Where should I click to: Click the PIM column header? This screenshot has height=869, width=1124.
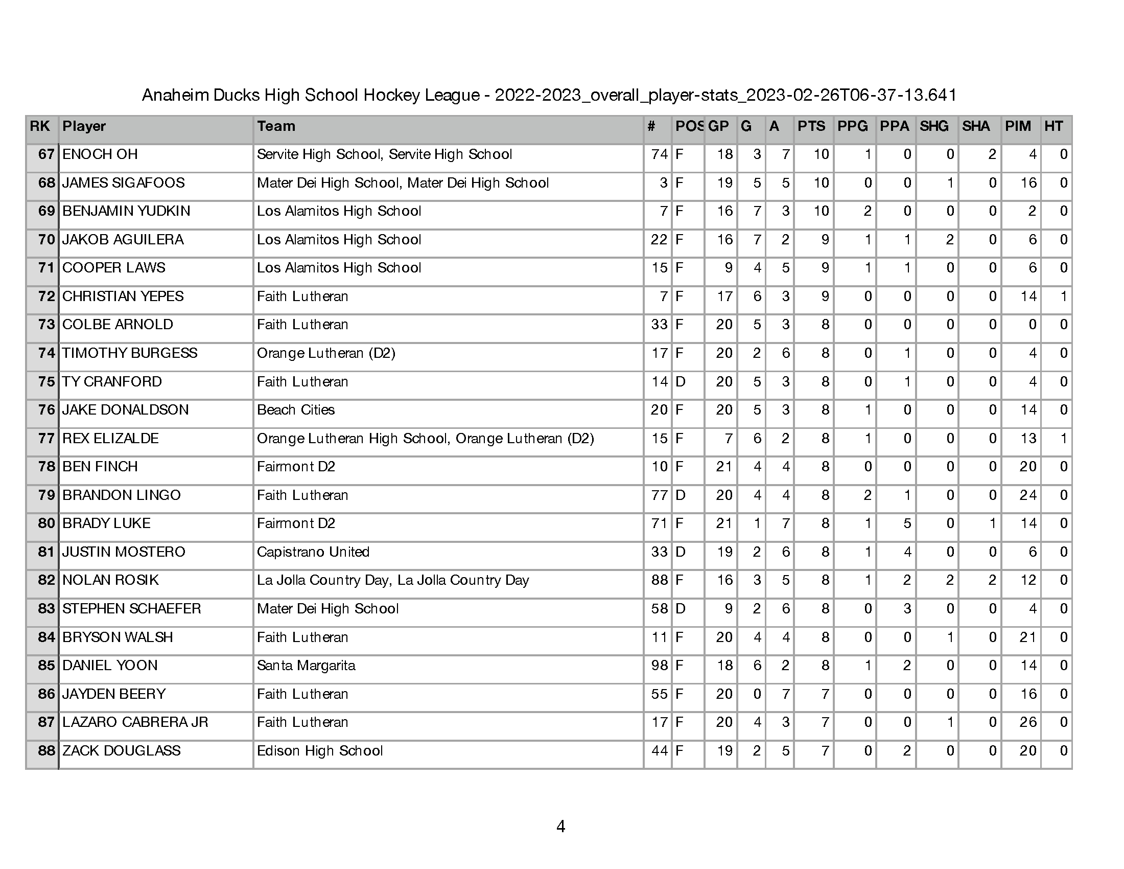[x=1017, y=127]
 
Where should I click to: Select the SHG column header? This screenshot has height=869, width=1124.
[x=933, y=127]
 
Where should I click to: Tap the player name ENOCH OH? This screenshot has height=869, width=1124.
[x=100, y=154]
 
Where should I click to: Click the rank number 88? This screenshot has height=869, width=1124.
[x=46, y=750]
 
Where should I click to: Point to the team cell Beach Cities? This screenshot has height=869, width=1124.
[x=295, y=410]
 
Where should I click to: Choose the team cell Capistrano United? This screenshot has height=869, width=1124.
[x=313, y=552]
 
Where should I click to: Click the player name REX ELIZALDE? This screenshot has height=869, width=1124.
[x=110, y=439]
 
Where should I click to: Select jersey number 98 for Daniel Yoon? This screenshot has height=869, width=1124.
[x=659, y=666]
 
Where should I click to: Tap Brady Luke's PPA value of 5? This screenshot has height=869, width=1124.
[x=907, y=523]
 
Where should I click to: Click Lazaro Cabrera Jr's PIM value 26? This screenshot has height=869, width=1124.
[x=1028, y=722]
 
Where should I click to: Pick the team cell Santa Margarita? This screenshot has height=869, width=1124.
[x=306, y=666]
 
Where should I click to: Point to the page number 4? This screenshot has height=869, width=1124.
[x=561, y=827]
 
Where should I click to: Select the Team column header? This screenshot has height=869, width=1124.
[x=276, y=127]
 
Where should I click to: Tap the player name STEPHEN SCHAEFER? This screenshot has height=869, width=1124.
[x=131, y=608]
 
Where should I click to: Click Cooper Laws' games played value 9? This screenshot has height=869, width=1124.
[x=728, y=268]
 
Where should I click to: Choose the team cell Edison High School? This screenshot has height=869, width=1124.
[x=320, y=750]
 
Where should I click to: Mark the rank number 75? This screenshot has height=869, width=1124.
[x=46, y=381]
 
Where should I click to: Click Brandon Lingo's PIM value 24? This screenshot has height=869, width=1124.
[x=1028, y=495]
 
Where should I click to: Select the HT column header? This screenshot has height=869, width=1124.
[x=1053, y=127]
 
